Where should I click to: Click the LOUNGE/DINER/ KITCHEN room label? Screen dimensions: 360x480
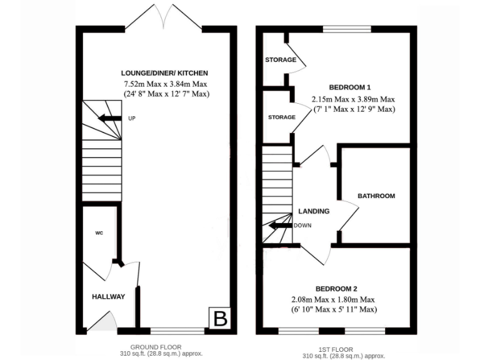click(x=166, y=73)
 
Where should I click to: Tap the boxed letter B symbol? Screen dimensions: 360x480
click(x=221, y=318)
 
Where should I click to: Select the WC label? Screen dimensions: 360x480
click(x=99, y=233)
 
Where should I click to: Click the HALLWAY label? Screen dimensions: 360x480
click(x=109, y=296)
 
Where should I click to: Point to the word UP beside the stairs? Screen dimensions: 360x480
click(x=131, y=118)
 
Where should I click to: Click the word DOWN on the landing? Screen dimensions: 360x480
click(x=303, y=226)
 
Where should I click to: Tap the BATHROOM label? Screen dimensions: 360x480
click(x=376, y=196)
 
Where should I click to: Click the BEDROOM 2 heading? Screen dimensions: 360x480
click(x=336, y=289)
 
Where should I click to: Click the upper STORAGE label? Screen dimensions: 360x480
click(x=280, y=60)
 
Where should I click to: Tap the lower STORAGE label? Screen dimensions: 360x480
click(x=281, y=117)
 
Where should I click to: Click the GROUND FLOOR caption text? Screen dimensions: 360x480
click(x=156, y=347)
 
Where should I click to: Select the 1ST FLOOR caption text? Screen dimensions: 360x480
click(x=336, y=349)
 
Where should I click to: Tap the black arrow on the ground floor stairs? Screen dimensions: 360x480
click(x=109, y=118)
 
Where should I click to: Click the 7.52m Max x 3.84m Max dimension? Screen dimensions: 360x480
click(x=166, y=84)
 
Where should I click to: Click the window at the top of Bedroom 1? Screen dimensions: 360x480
click(x=346, y=29)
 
